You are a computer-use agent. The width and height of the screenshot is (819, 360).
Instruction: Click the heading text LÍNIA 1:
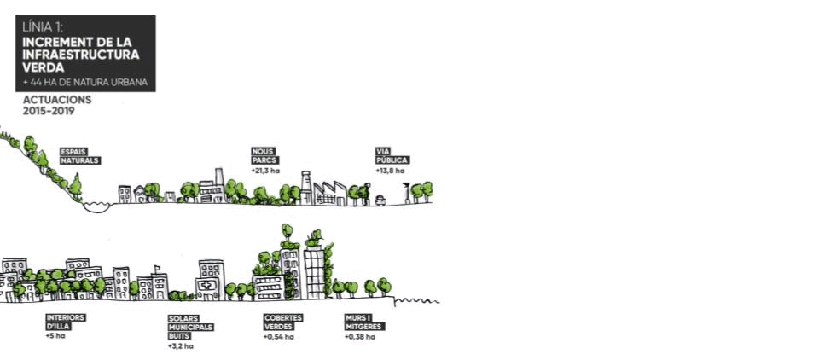pyautogui.click(x=40, y=27)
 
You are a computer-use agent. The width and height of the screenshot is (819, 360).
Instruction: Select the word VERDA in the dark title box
pyautogui.click(x=44, y=67)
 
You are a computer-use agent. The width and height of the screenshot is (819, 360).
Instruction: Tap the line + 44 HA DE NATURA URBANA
pyautogui.click(x=85, y=83)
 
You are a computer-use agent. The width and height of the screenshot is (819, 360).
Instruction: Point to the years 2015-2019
pyautogui.click(x=49, y=111)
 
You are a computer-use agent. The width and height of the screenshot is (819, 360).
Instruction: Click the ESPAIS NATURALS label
pyautogui.click(x=80, y=156)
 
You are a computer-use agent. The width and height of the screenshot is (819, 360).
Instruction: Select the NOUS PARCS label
pyautogui.click(x=264, y=156)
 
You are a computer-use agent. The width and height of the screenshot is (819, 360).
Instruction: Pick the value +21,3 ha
pyautogui.click(x=265, y=171)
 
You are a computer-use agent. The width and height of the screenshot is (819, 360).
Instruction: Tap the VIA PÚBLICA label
pyautogui.click(x=392, y=156)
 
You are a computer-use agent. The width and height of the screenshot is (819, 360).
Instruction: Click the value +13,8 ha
pyautogui.click(x=390, y=171)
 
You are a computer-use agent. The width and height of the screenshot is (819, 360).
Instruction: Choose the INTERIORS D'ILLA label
pyautogui.click(x=66, y=322)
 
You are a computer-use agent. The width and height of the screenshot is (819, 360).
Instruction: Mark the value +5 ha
pyautogui.click(x=55, y=335)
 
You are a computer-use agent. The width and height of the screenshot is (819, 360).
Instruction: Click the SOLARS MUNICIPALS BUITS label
pyautogui.click(x=190, y=327)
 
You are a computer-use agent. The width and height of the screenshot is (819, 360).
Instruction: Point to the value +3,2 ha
pyautogui.click(x=181, y=345)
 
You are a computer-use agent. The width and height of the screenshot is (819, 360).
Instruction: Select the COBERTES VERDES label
pyautogui.click(x=283, y=322)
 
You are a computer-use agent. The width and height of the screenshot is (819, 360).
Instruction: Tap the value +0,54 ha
pyautogui.click(x=278, y=336)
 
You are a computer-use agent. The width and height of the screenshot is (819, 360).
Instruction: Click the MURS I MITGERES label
pyautogui.click(x=365, y=322)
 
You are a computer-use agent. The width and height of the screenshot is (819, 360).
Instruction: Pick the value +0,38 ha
pyautogui.click(x=359, y=336)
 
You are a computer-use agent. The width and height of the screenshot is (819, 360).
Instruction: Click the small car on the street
pyautogui.click(x=380, y=200)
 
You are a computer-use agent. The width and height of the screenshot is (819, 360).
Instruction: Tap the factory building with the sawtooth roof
pyautogui.click(x=330, y=194)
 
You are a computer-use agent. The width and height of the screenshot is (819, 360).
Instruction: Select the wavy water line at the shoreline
pyautogui.click(x=417, y=301)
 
